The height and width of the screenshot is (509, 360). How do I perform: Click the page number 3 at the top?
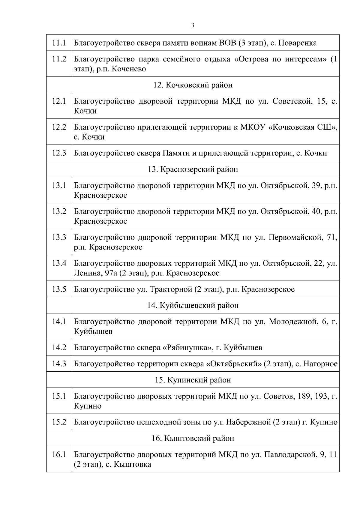click(193, 25)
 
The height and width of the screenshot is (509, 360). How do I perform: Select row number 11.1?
click(59, 43)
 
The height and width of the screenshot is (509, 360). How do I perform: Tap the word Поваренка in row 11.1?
click(298, 43)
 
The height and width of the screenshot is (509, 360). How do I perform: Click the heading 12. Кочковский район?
click(193, 85)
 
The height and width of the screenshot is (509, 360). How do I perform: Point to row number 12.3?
click(59, 153)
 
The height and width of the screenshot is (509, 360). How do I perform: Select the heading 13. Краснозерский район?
click(193, 169)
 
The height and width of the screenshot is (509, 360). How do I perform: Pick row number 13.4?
click(59, 263)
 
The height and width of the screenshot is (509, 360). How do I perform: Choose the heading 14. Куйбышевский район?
click(193, 305)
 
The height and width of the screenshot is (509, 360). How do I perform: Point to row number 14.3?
click(59, 364)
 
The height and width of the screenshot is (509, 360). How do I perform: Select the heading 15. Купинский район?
click(193, 380)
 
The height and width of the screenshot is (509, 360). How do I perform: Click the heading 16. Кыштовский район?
click(193, 438)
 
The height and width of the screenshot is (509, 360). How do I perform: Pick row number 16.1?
click(59, 455)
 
